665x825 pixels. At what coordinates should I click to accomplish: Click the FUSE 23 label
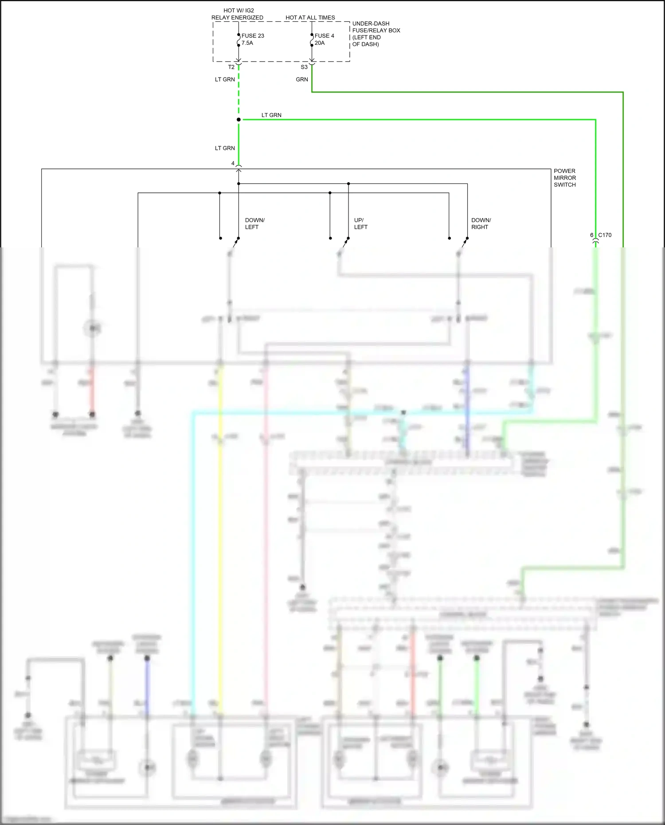(252, 36)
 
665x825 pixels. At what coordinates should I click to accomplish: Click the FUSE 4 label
(324, 36)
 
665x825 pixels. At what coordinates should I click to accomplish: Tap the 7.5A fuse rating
(247, 43)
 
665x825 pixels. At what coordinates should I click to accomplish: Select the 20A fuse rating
(319, 43)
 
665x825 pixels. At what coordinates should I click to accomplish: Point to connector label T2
(231, 67)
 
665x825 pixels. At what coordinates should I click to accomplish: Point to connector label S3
(304, 67)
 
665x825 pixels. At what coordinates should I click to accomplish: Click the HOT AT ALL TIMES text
(310, 18)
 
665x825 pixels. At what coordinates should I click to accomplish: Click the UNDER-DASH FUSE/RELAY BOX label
(376, 34)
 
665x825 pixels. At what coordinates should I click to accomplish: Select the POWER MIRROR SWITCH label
(564, 178)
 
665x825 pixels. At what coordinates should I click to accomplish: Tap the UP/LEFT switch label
(360, 223)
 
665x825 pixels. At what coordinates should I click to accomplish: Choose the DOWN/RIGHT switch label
(481, 223)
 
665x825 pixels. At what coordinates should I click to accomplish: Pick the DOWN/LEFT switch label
(254, 223)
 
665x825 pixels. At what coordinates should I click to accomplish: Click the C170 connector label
(604, 235)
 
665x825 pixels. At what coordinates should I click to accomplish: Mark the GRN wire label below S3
(301, 80)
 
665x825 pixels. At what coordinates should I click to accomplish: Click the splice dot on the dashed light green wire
(239, 120)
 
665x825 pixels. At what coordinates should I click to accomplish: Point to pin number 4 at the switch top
(232, 164)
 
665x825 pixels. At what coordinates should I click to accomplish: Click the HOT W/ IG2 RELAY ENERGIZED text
(237, 14)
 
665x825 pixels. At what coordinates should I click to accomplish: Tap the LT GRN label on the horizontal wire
(271, 115)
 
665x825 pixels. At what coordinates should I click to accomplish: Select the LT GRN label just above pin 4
(224, 149)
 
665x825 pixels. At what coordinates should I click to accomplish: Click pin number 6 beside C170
(591, 235)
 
